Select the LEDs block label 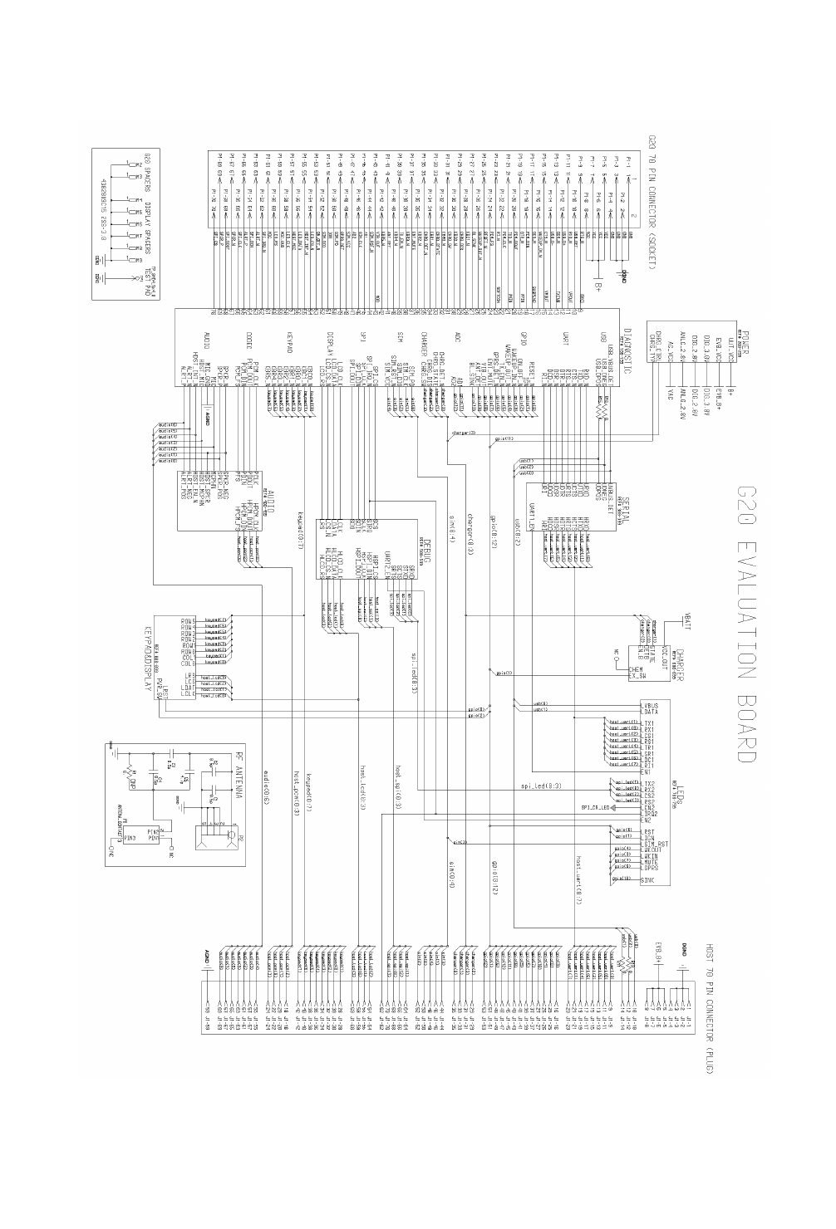point(680,792)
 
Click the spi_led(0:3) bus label point(541,785)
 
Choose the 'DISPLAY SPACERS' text point(147,223)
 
